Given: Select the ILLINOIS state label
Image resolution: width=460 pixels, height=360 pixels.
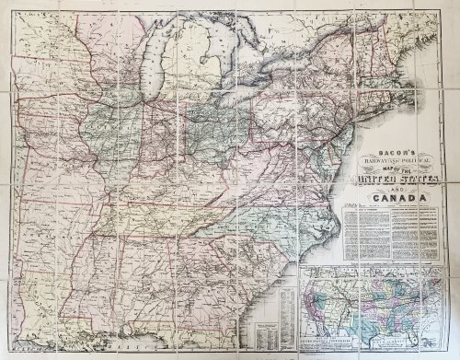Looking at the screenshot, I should tap(147, 138).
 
